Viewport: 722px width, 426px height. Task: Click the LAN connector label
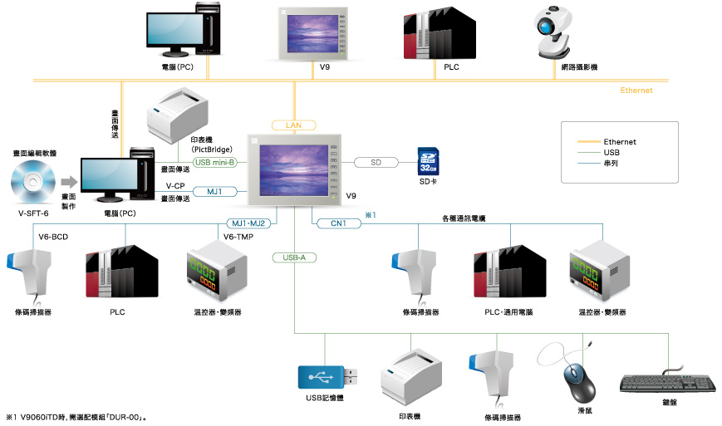click(294, 125)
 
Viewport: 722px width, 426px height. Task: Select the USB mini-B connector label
click(215, 162)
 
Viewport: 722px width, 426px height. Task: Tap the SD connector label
click(376, 162)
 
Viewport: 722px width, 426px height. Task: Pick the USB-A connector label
click(294, 257)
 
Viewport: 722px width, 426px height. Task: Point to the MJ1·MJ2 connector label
click(247, 223)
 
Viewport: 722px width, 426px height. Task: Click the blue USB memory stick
click(327, 377)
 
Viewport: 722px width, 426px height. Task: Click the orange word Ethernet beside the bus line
click(636, 91)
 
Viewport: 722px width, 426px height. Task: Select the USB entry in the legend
click(612, 153)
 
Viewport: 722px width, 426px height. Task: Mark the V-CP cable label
click(174, 186)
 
